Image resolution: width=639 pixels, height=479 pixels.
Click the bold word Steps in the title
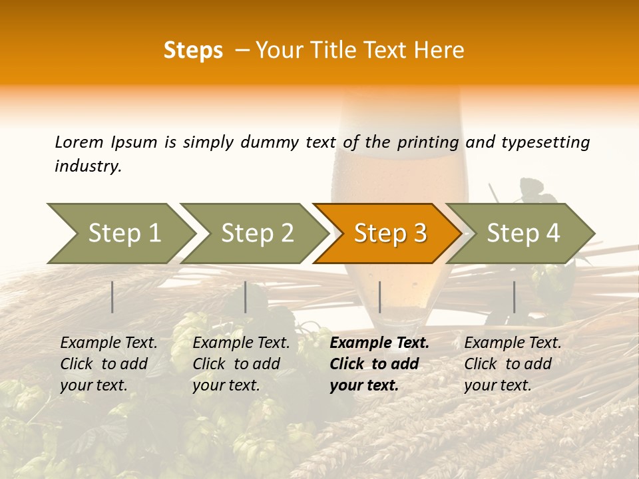[193, 51]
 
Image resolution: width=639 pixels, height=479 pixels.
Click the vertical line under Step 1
[112, 297]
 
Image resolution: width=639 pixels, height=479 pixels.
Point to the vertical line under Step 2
[246, 297]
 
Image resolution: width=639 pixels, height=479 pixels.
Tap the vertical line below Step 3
[379, 297]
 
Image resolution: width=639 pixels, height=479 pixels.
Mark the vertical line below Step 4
[514, 297]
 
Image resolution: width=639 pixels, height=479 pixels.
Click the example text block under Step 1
[108, 364]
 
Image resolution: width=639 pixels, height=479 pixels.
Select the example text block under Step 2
[241, 364]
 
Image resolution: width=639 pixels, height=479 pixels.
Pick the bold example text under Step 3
[379, 364]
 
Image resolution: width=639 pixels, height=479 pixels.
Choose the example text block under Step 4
[513, 364]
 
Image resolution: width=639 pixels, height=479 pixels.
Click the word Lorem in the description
[79, 142]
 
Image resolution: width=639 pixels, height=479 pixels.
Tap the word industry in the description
[88, 166]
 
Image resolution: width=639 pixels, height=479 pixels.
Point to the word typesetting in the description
[545, 142]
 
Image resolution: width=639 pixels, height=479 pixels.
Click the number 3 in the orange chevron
[419, 233]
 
